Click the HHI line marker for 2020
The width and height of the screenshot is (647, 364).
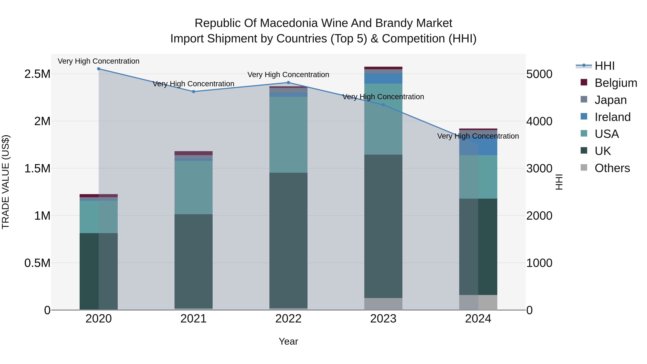pyautogui.click(x=98, y=69)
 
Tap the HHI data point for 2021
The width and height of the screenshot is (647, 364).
pyautogui.click(x=193, y=91)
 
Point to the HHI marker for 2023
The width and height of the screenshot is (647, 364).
pyautogui.click(x=383, y=105)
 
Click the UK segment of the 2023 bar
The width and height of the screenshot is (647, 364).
pyautogui.click(x=383, y=226)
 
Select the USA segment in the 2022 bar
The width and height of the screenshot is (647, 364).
pyautogui.click(x=288, y=134)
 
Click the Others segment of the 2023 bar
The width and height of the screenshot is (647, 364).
pyautogui.click(x=383, y=304)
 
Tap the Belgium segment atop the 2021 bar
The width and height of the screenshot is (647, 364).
pyautogui.click(x=193, y=153)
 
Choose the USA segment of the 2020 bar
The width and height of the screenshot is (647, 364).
pyautogui.click(x=98, y=217)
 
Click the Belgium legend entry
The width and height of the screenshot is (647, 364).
pyautogui.click(x=615, y=83)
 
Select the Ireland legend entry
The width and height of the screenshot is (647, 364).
pyautogui.click(x=612, y=117)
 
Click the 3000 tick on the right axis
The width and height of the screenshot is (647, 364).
pyautogui.click(x=539, y=169)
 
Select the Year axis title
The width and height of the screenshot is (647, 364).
pyautogui.click(x=288, y=341)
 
